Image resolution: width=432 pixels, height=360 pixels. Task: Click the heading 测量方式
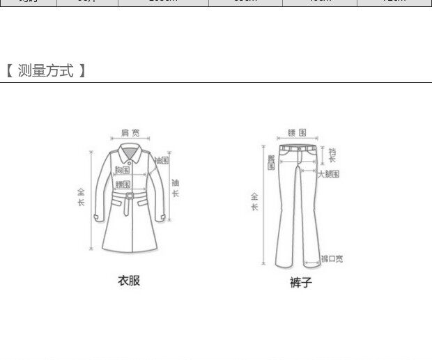click(45, 70)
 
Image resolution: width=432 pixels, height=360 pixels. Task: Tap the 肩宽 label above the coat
click(130, 132)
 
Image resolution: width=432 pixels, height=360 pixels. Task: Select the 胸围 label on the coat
click(123, 170)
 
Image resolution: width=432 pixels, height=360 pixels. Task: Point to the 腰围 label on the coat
click(123, 185)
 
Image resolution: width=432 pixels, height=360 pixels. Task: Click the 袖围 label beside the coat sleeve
click(162, 160)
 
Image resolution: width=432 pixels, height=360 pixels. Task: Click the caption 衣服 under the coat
click(129, 281)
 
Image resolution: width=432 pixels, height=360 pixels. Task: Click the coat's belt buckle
click(129, 201)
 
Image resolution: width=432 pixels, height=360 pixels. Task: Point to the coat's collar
click(130, 152)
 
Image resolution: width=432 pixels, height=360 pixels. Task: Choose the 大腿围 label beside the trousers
click(328, 174)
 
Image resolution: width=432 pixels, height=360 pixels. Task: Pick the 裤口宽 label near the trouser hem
click(332, 259)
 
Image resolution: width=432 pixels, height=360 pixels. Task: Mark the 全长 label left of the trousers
click(254, 202)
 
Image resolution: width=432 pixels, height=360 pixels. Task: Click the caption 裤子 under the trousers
click(301, 283)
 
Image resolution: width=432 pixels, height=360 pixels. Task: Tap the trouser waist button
click(300, 148)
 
